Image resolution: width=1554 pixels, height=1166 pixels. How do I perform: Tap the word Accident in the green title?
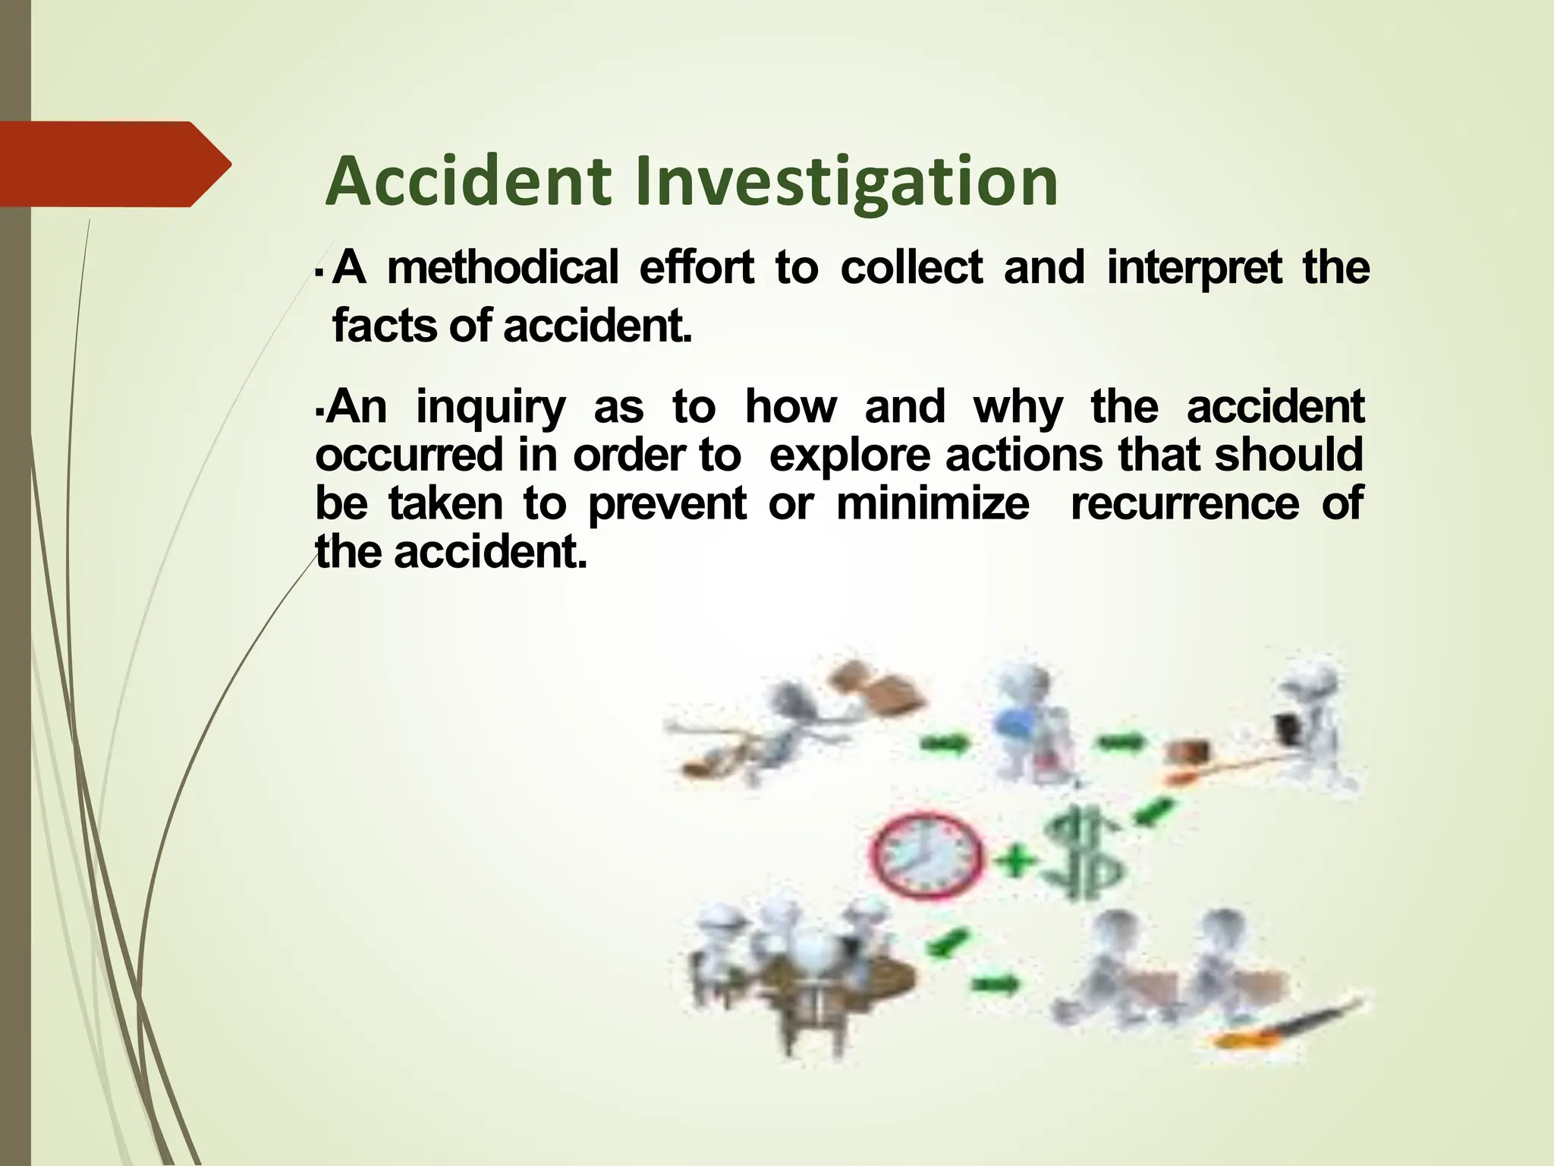[468, 182]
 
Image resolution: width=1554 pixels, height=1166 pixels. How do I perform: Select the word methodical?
[502, 268]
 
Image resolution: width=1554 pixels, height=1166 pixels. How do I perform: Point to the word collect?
[911, 268]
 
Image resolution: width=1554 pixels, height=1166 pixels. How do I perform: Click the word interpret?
[1194, 268]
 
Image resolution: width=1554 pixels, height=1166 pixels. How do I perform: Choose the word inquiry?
[490, 408]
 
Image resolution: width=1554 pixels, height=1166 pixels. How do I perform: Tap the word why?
[1018, 408]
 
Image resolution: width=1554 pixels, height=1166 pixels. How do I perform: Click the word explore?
[851, 455]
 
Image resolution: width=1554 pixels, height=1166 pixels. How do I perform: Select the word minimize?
[933, 503]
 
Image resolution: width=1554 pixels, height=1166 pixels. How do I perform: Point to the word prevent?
[667, 503]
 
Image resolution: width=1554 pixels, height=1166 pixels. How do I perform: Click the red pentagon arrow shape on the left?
[114, 164]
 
